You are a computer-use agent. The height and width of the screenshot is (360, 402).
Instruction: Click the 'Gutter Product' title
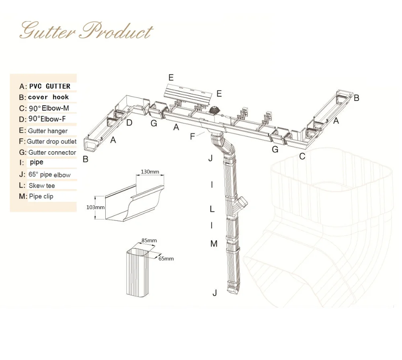point(86,31)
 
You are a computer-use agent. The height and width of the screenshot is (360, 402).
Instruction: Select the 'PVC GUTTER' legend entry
point(50,86)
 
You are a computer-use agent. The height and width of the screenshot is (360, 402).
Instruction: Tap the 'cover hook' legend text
point(49,97)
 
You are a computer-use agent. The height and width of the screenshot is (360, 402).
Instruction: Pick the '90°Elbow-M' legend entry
point(49,108)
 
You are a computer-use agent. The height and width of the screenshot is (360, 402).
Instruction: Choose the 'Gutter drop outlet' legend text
point(51,141)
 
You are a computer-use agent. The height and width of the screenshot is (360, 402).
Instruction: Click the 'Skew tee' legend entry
point(42,185)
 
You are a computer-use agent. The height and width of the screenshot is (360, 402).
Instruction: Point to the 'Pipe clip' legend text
point(41,196)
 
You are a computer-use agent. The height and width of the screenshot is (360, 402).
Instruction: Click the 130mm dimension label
point(150,172)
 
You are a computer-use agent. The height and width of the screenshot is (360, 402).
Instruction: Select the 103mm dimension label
point(95,207)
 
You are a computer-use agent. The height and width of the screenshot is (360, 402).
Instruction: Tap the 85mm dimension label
point(149,241)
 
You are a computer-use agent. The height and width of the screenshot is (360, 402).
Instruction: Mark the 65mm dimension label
point(166,259)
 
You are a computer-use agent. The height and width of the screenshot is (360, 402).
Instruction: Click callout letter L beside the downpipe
point(212,209)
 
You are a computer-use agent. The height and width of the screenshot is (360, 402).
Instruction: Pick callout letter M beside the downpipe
point(214,243)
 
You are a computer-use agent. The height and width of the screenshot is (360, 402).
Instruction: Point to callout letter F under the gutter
point(193,136)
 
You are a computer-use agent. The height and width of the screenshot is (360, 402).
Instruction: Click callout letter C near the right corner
point(302,156)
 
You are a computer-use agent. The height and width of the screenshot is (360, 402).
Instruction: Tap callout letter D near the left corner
point(129,123)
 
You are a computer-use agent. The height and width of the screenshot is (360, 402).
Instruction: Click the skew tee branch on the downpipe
point(242,202)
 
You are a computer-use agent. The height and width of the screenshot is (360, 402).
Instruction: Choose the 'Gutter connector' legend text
point(52,152)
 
